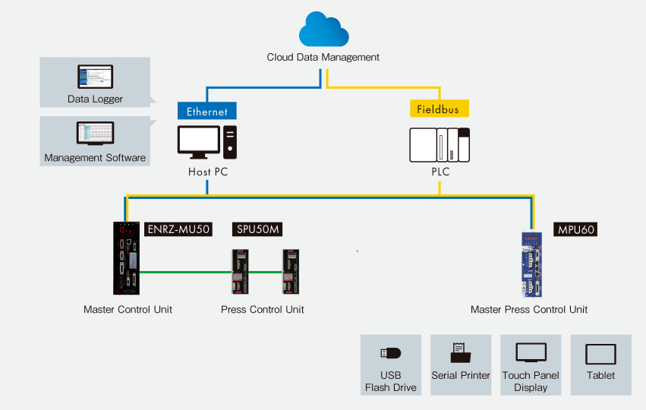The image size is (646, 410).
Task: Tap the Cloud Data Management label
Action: tap(323, 57)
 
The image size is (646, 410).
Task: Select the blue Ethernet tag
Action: tap(207, 111)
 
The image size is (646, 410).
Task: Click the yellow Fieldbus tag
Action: tap(440, 109)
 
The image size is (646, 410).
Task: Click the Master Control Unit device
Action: tap(127, 257)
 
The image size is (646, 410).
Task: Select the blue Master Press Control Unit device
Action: tap(533, 263)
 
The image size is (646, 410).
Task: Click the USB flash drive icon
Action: tap(390, 353)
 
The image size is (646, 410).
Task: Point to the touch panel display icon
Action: tap(531, 352)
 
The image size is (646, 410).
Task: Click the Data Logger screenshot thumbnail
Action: tap(95, 77)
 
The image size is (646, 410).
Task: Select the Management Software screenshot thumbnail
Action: tap(95, 134)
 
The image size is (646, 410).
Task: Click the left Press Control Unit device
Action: tap(241, 271)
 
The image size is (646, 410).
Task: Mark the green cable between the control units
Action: tap(186, 271)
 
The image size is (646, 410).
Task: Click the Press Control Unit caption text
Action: tap(263, 310)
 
